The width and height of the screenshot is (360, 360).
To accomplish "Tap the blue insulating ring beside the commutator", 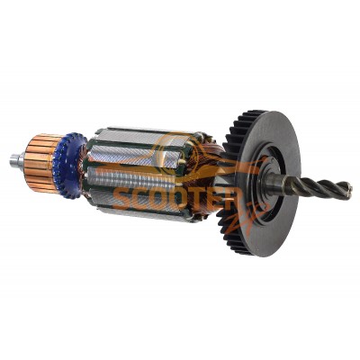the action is (70, 166).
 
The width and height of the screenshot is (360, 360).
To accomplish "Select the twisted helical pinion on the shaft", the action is (318, 186).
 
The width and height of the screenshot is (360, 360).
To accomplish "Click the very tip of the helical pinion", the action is (352, 190).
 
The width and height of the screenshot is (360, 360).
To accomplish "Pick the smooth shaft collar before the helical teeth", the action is (274, 181).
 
